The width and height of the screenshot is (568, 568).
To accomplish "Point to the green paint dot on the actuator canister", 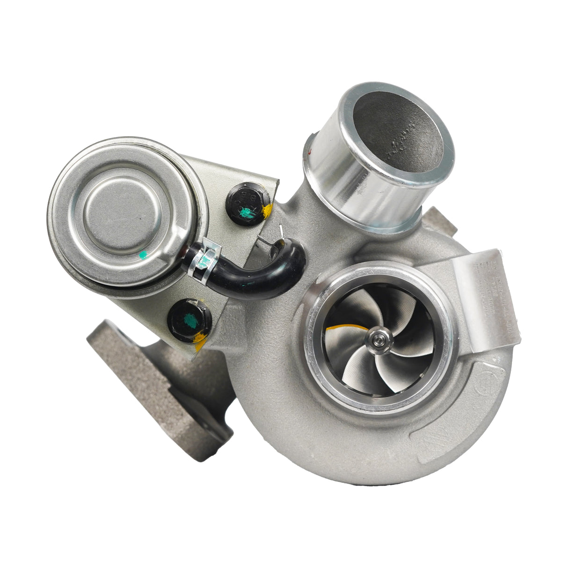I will click(x=143, y=255).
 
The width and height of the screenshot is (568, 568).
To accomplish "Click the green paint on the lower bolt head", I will click(x=190, y=320).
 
